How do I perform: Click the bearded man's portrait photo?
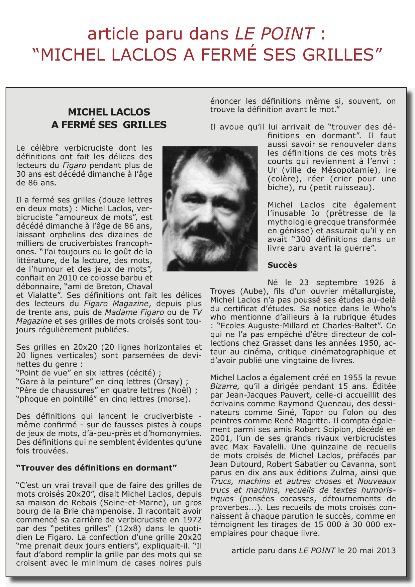[x=210, y=208]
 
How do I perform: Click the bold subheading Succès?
[x=282, y=265]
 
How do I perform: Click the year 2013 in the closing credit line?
[x=385, y=551]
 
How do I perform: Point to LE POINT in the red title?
[x=274, y=33]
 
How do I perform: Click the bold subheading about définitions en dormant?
[x=96, y=468]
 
